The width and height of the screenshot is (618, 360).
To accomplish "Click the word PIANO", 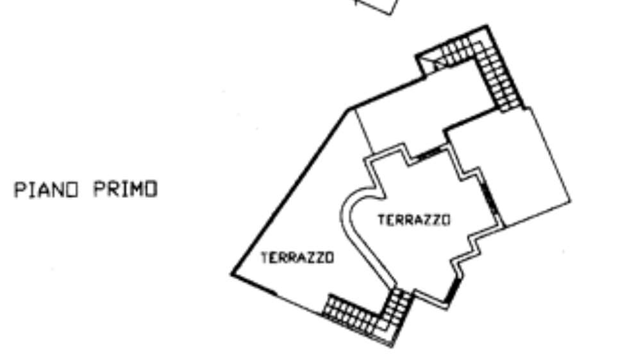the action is [x=47, y=190].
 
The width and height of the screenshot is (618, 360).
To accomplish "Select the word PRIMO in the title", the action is [x=126, y=189].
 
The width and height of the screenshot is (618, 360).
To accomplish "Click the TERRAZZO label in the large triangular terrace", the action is [x=297, y=258].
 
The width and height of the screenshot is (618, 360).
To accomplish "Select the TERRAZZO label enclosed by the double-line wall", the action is [x=414, y=220].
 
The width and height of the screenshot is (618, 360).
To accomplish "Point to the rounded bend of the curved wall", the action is [x=347, y=209].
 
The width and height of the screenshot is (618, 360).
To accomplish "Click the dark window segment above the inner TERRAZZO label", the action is [x=429, y=154].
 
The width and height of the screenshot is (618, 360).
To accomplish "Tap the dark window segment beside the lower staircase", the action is [x=453, y=291].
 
